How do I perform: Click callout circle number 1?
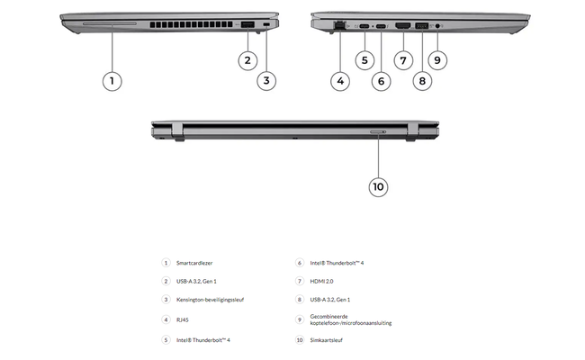click(x=112, y=80)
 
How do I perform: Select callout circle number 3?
click(x=266, y=80)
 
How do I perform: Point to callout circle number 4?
click(x=339, y=80)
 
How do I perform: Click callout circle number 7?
click(x=402, y=60)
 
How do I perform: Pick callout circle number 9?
click(x=437, y=60)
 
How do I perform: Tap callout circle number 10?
click(x=378, y=186)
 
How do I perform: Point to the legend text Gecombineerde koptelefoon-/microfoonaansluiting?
click(x=351, y=319)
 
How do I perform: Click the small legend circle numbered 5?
click(x=166, y=339)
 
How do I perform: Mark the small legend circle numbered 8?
click(x=300, y=300)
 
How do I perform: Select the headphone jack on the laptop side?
click(x=437, y=26)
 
